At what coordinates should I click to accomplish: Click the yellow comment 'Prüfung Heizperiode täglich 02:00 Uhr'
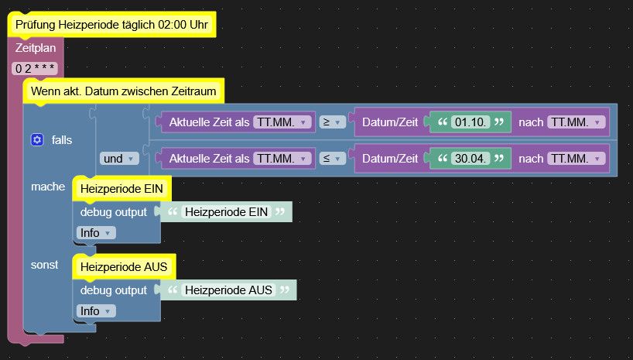coord(111,25)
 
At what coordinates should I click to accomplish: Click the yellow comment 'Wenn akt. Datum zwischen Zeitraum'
coord(124,91)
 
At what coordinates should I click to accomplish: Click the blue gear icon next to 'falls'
coord(36,139)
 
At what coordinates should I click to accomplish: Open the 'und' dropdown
coord(118,158)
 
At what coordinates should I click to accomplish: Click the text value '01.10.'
coord(471,122)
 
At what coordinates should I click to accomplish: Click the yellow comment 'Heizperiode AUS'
coord(124,267)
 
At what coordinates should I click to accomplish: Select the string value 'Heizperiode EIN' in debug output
coord(226,211)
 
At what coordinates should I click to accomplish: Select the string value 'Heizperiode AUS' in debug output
coord(228,290)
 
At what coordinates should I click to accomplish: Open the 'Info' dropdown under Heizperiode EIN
coord(96,232)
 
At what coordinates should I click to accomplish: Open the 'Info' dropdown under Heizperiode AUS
coord(96,310)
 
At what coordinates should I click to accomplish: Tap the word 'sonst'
coord(44,265)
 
